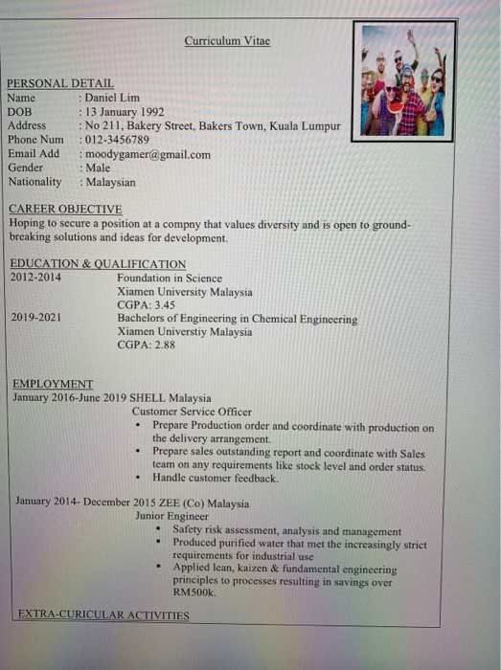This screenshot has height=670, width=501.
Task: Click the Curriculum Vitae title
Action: tap(227, 41)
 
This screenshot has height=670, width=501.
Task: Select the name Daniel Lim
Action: tap(112, 98)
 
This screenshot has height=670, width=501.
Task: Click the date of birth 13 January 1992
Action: tap(125, 112)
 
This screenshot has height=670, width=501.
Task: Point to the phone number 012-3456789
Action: tap(117, 140)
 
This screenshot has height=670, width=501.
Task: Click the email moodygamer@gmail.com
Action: tap(148, 154)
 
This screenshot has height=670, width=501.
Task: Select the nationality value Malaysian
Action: tap(110, 182)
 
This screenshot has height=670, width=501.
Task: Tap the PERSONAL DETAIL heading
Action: tap(60, 84)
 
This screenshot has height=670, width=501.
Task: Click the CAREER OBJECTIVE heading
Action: tap(65, 209)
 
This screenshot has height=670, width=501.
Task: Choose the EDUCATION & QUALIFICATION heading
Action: tap(98, 264)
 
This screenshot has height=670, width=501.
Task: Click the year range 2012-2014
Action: tap(35, 278)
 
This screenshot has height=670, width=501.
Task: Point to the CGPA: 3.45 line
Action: tap(146, 305)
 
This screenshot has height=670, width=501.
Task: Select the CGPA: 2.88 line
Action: tap(146, 346)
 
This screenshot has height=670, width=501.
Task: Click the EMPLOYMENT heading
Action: tap(53, 384)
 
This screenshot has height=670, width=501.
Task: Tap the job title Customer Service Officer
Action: tap(192, 412)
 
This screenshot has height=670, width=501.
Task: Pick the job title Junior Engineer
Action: tap(172, 516)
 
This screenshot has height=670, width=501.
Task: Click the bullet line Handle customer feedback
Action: tap(216, 478)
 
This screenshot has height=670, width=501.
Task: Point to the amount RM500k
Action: tap(195, 593)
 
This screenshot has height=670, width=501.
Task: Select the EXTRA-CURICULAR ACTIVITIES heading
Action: tap(103, 614)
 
